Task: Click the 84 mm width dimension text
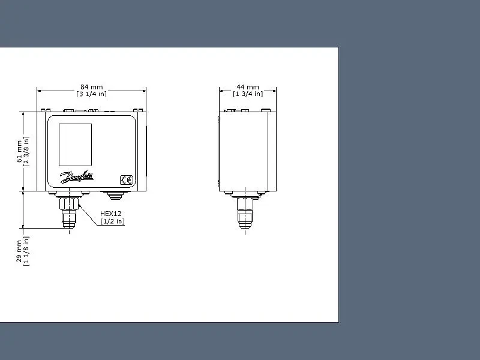92,87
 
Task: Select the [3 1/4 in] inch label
92,94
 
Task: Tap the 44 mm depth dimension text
248,87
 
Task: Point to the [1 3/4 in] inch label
248,94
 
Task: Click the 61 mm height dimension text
19,152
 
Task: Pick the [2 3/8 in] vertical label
26,152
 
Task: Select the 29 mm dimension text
19,251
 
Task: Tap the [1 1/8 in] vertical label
26,251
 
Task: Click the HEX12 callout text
111,214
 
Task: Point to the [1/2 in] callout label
112,221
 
